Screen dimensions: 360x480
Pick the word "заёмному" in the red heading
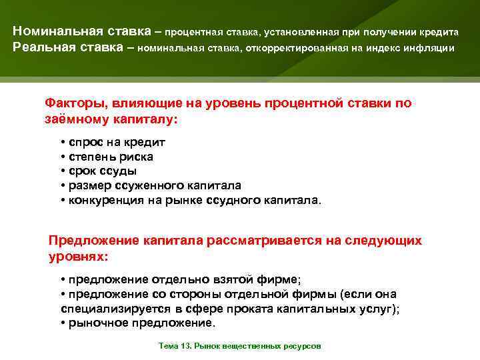pos(77,118)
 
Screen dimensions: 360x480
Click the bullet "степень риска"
pos(109,157)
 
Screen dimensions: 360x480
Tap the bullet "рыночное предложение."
pos(140,323)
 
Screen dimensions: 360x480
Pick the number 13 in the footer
pos(177,347)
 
